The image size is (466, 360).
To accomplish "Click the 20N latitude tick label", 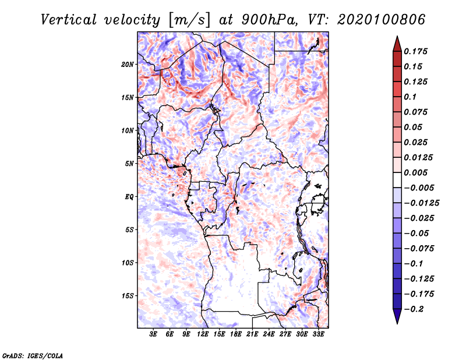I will tap(128, 64).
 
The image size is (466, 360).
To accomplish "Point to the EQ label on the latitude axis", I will tap(129, 197).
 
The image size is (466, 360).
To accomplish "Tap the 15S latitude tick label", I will tap(128, 296).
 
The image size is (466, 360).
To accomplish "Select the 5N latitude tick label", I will tap(129, 164).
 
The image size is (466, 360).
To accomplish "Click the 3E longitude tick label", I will tap(154, 335).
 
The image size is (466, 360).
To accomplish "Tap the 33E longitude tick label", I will tap(319, 335).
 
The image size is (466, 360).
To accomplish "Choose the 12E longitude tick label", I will tap(203, 335).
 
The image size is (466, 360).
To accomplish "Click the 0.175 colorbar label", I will tap(416, 51).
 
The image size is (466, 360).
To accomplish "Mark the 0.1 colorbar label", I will tap(410, 97).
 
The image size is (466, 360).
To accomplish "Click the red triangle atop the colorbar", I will tap(397, 43).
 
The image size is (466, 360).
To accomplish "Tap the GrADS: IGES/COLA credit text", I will tap(33, 355).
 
